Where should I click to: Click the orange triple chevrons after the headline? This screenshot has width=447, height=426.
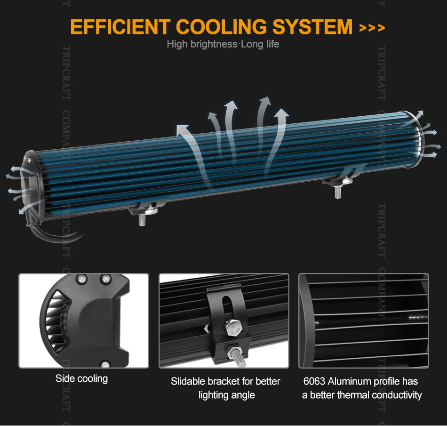[x=372, y=28]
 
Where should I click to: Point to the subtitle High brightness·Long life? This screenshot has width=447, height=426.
[x=223, y=44]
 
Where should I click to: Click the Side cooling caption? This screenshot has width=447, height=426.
[x=81, y=378]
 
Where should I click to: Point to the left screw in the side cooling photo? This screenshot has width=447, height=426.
[x=80, y=279]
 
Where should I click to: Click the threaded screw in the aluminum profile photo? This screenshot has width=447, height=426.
[x=418, y=317]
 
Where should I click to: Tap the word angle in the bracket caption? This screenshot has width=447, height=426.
[x=243, y=395]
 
